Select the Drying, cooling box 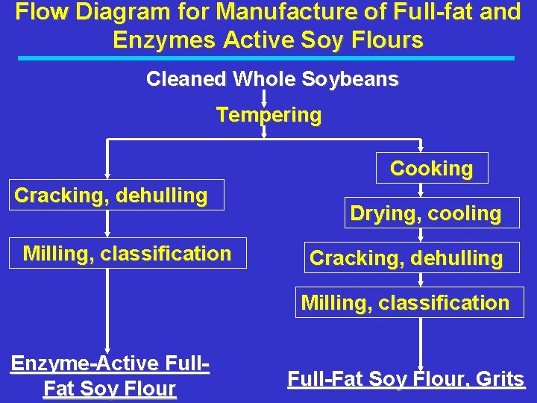[425, 213]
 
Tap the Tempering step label [268, 116]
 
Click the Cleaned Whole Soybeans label [272, 79]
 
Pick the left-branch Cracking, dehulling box [111, 196]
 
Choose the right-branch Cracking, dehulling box [406, 258]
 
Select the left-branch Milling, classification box [127, 254]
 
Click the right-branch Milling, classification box [406, 303]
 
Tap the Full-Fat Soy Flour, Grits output [406, 379]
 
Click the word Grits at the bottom [500, 379]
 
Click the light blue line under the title [268, 57]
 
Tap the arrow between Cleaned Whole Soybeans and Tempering [264, 98]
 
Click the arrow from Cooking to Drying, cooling [421, 190]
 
